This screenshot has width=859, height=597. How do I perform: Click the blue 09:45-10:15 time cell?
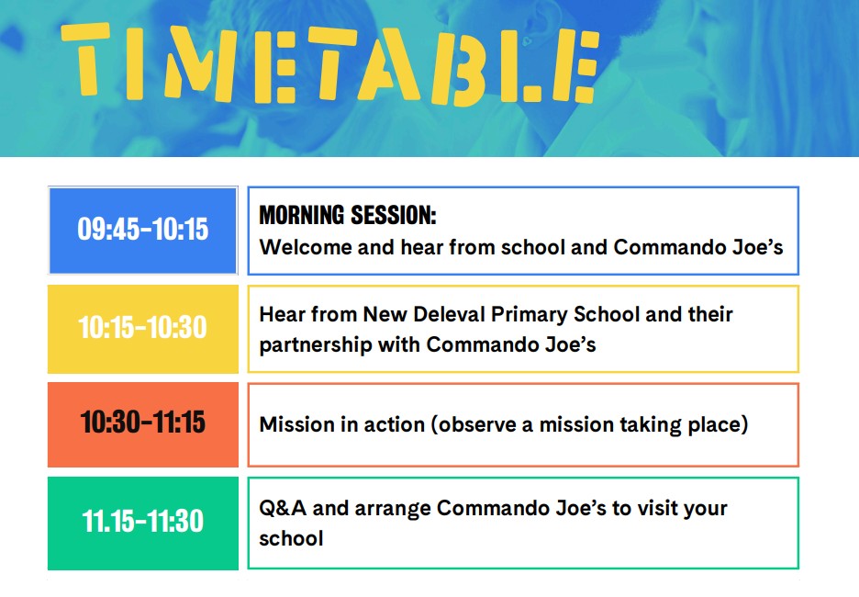(143, 231)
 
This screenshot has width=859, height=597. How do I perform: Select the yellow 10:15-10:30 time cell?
(143, 329)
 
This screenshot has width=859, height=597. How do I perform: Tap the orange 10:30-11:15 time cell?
(143, 424)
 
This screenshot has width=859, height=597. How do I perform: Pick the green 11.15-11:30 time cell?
(143, 523)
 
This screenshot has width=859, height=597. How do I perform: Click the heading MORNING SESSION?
(348, 215)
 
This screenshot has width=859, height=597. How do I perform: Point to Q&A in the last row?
(282, 508)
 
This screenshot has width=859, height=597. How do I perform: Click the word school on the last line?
(291, 538)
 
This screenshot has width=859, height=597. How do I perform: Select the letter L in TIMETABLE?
(523, 66)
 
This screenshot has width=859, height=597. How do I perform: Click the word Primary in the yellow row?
(530, 315)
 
